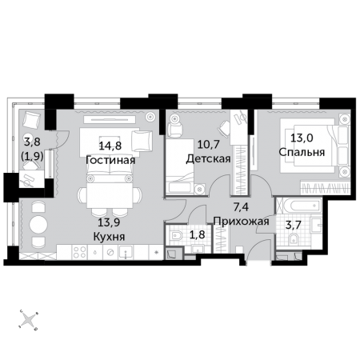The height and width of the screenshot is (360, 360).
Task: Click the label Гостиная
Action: tap(110, 160)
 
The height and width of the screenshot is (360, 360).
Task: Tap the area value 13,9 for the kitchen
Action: tap(109, 222)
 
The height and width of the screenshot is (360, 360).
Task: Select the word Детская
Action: tap(208, 159)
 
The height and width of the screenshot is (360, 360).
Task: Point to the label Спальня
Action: tap(302, 152)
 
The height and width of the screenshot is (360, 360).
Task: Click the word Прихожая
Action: tap(242, 222)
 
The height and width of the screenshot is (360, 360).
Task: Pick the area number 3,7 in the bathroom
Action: tap(293, 225)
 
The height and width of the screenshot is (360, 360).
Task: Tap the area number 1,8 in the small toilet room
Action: tap(198, 234)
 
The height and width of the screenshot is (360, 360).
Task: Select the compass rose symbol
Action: tap(28, 319)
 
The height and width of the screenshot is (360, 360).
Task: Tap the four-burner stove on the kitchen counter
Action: tap(80, 252)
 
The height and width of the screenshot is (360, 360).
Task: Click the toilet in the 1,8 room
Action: tap(177, 236)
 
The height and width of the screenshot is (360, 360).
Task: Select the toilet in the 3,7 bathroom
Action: tap(294, 239)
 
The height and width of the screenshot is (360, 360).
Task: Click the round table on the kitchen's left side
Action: tap(38, 225)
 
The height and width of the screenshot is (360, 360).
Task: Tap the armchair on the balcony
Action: tap(31, 121)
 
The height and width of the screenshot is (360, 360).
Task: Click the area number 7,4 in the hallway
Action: tap(241, 207)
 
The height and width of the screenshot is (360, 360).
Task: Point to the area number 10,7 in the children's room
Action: tap(208, 145)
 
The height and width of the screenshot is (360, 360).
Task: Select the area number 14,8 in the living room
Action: tap(110, 146)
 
